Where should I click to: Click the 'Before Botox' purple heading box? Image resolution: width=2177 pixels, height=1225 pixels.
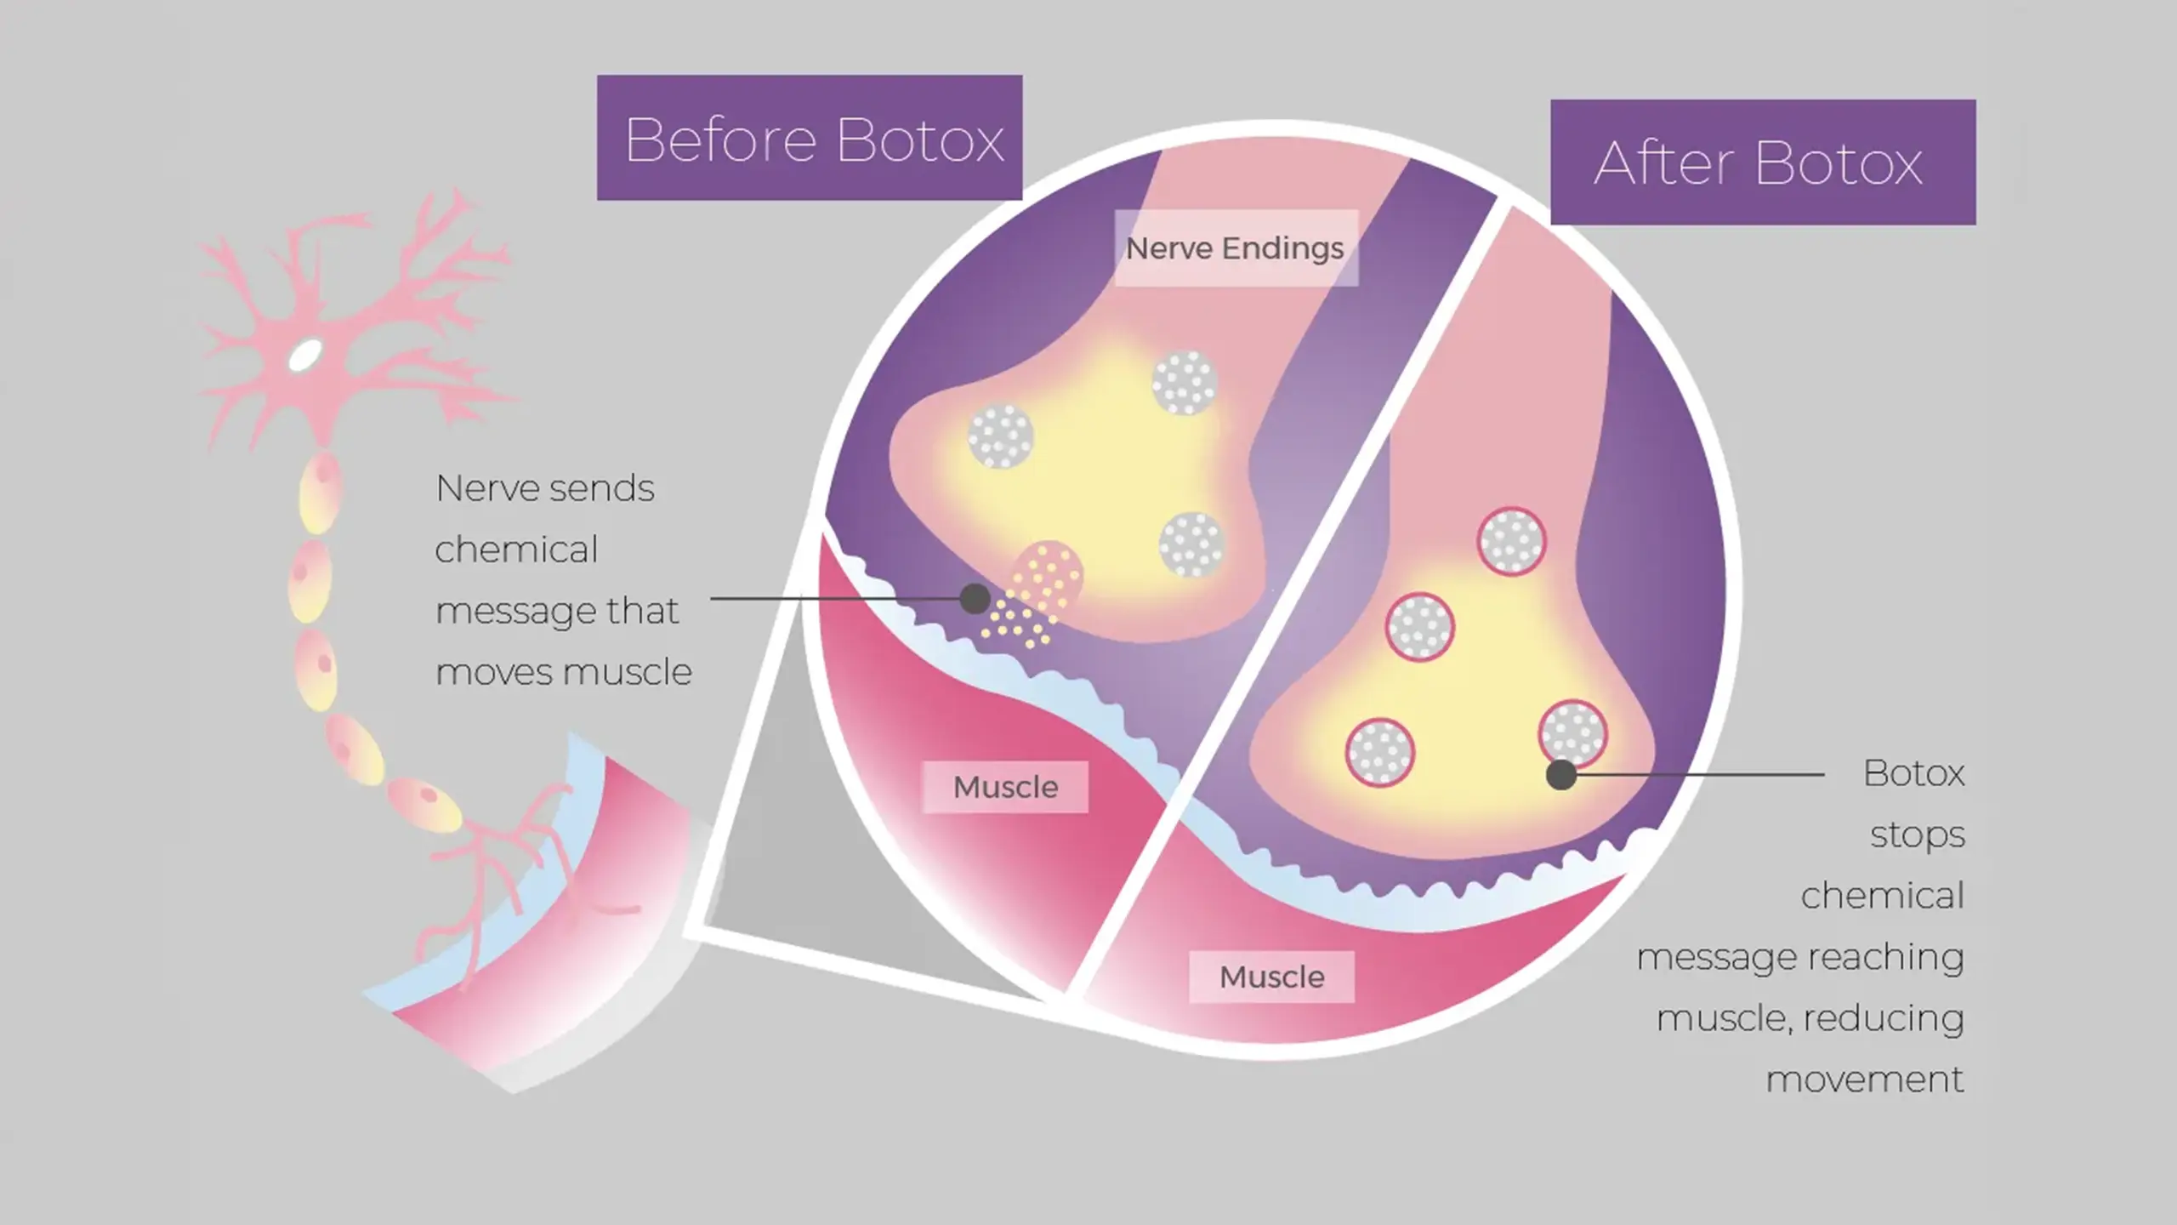(810, 138)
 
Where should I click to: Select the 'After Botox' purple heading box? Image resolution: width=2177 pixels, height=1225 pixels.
(1763, 162)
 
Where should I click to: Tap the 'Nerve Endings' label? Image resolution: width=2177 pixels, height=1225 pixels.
(1236, 248)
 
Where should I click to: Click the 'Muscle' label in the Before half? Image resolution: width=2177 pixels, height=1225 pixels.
(1005, 787)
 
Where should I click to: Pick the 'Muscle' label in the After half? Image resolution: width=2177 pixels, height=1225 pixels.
(1271, 977)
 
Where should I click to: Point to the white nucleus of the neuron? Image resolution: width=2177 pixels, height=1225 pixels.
(305, 356)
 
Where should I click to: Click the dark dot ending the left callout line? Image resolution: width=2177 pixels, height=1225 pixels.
(975, 599)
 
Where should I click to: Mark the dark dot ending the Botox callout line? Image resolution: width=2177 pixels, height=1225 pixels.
(1560, 775)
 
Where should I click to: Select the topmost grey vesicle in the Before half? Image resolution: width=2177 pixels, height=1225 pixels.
(1185, 383)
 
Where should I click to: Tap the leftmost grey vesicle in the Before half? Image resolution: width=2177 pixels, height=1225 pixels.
(1001, 436)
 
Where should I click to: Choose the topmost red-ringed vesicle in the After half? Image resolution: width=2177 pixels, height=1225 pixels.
(1511, 542)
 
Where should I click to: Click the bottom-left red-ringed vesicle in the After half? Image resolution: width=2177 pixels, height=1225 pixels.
(1379, 753)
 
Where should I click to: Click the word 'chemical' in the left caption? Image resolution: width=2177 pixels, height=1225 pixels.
(516, 550)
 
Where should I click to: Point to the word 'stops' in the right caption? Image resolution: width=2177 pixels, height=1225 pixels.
(1918, 835)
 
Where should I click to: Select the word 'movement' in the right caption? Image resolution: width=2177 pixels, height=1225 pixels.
(1865, 1080)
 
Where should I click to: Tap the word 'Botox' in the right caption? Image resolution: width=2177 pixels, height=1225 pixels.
(1914, 773)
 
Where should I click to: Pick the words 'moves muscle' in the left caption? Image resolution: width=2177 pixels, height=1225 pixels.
(564, 672)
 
